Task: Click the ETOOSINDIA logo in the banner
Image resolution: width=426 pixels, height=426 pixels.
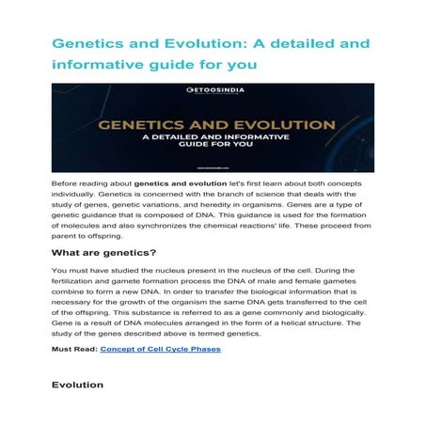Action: click(212, 92)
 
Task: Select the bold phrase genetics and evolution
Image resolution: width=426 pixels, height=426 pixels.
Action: click(176, 180)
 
